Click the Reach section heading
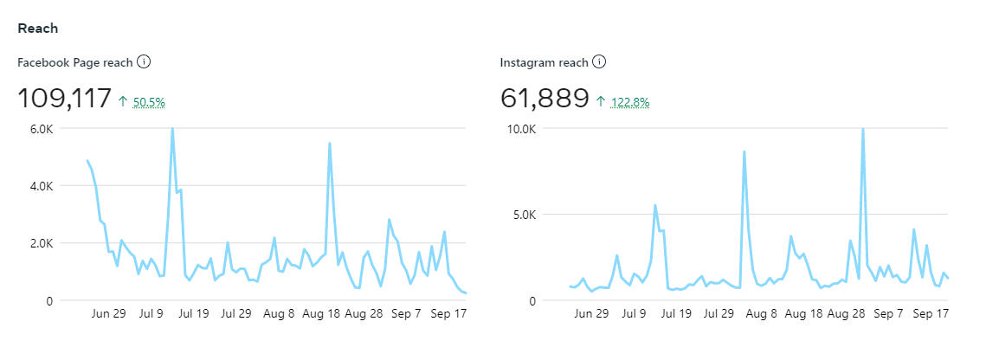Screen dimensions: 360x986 pos(37,28)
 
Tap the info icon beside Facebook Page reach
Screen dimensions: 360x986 pos(145,62)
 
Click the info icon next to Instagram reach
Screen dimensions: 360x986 pos(599,62)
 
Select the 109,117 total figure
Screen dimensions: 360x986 pos(64,100)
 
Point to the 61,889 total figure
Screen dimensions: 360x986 pos(545,100)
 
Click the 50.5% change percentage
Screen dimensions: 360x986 pos(149,102)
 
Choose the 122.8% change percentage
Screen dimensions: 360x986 pos(630,102)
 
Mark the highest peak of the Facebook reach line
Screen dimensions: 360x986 pos(172,129)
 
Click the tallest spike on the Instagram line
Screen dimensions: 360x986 pos(863,129)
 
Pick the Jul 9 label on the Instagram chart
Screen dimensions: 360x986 pos(630,314)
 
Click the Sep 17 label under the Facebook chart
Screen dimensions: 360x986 pos(450,314)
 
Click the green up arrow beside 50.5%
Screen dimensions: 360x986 pos(123,102)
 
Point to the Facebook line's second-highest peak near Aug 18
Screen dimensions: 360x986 pos(330,144)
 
